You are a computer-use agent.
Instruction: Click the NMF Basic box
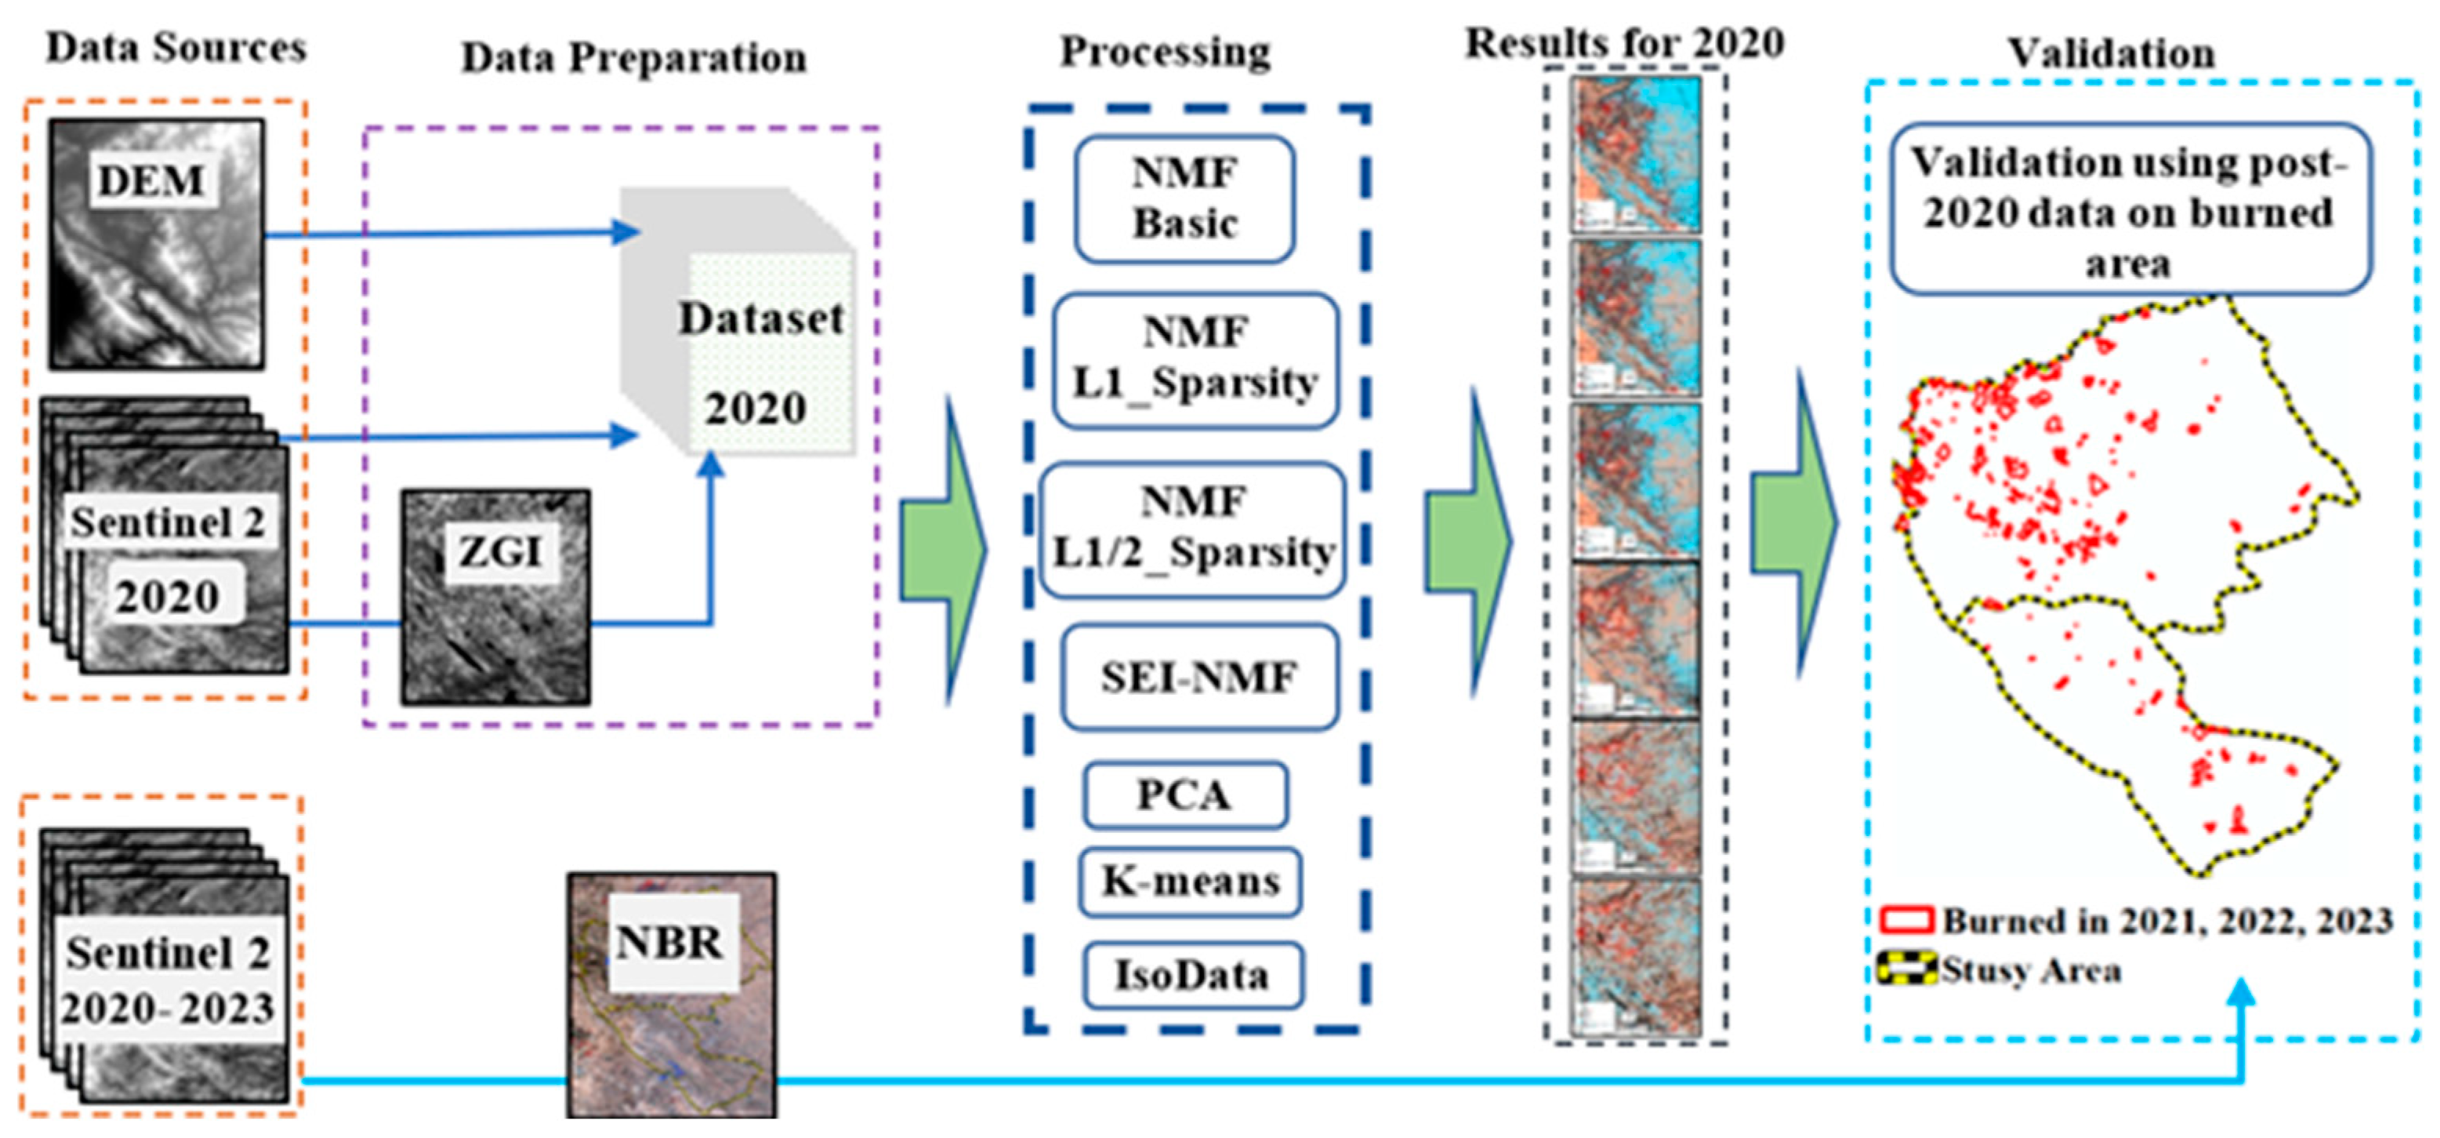[x=1184, y=199]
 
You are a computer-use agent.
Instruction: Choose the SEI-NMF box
[x=1199, y=677]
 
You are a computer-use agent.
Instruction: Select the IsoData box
[x=1191, y=975]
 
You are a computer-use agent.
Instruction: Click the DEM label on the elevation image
[x=151, y=180]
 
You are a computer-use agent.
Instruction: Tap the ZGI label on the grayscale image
[x=499, y=551]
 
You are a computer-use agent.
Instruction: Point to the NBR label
[x=669, y=943]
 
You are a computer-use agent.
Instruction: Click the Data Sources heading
[x=176, y=47]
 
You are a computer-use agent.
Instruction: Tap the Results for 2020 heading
[x=1625, y=42]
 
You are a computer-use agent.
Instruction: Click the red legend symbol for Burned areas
[x=1905, y=920]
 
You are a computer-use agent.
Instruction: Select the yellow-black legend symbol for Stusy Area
[x=1905, y=969]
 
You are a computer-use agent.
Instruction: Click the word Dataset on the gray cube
[x=760, y=318]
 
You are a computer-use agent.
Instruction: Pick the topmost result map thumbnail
[x=1636, y=155]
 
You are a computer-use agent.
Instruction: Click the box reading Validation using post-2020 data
[x=2130, y=210]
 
